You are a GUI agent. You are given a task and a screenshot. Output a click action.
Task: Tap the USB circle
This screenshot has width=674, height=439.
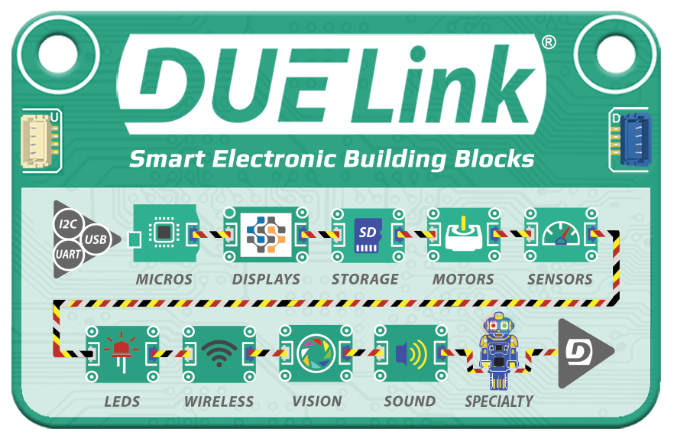96,239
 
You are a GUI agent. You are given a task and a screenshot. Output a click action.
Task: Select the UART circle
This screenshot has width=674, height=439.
68,255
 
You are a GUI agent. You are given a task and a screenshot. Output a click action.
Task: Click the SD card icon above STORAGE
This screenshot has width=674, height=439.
367,235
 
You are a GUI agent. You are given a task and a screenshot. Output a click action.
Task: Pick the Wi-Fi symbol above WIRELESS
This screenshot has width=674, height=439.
219,353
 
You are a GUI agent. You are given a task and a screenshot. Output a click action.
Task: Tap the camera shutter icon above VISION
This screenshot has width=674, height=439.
316,353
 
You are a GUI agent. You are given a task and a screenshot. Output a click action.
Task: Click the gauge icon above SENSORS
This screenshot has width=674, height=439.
561,234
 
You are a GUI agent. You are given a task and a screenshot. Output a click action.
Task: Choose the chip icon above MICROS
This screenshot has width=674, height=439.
163,233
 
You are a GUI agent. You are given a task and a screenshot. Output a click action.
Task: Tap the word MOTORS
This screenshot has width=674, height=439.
463,279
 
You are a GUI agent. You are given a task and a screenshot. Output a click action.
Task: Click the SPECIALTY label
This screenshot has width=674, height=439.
499,401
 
